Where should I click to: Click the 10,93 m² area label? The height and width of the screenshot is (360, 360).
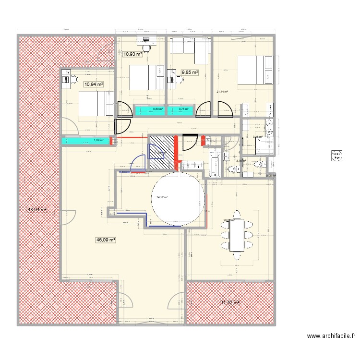[x=132, y=54]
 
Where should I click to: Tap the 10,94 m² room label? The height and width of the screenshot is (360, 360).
[x=94, y=84]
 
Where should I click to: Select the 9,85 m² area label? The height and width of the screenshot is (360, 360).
[x=190, y=72]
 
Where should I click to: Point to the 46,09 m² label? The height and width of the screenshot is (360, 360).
[x=106, y=240]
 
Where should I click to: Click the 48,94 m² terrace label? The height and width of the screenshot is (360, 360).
[x=37, y=210]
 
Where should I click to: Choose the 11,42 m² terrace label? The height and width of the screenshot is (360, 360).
[x=230, y=303]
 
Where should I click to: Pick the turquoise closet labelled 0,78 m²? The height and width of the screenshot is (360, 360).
[x=182, y=110]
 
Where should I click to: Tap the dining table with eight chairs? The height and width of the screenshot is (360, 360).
[x=238, y=235]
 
